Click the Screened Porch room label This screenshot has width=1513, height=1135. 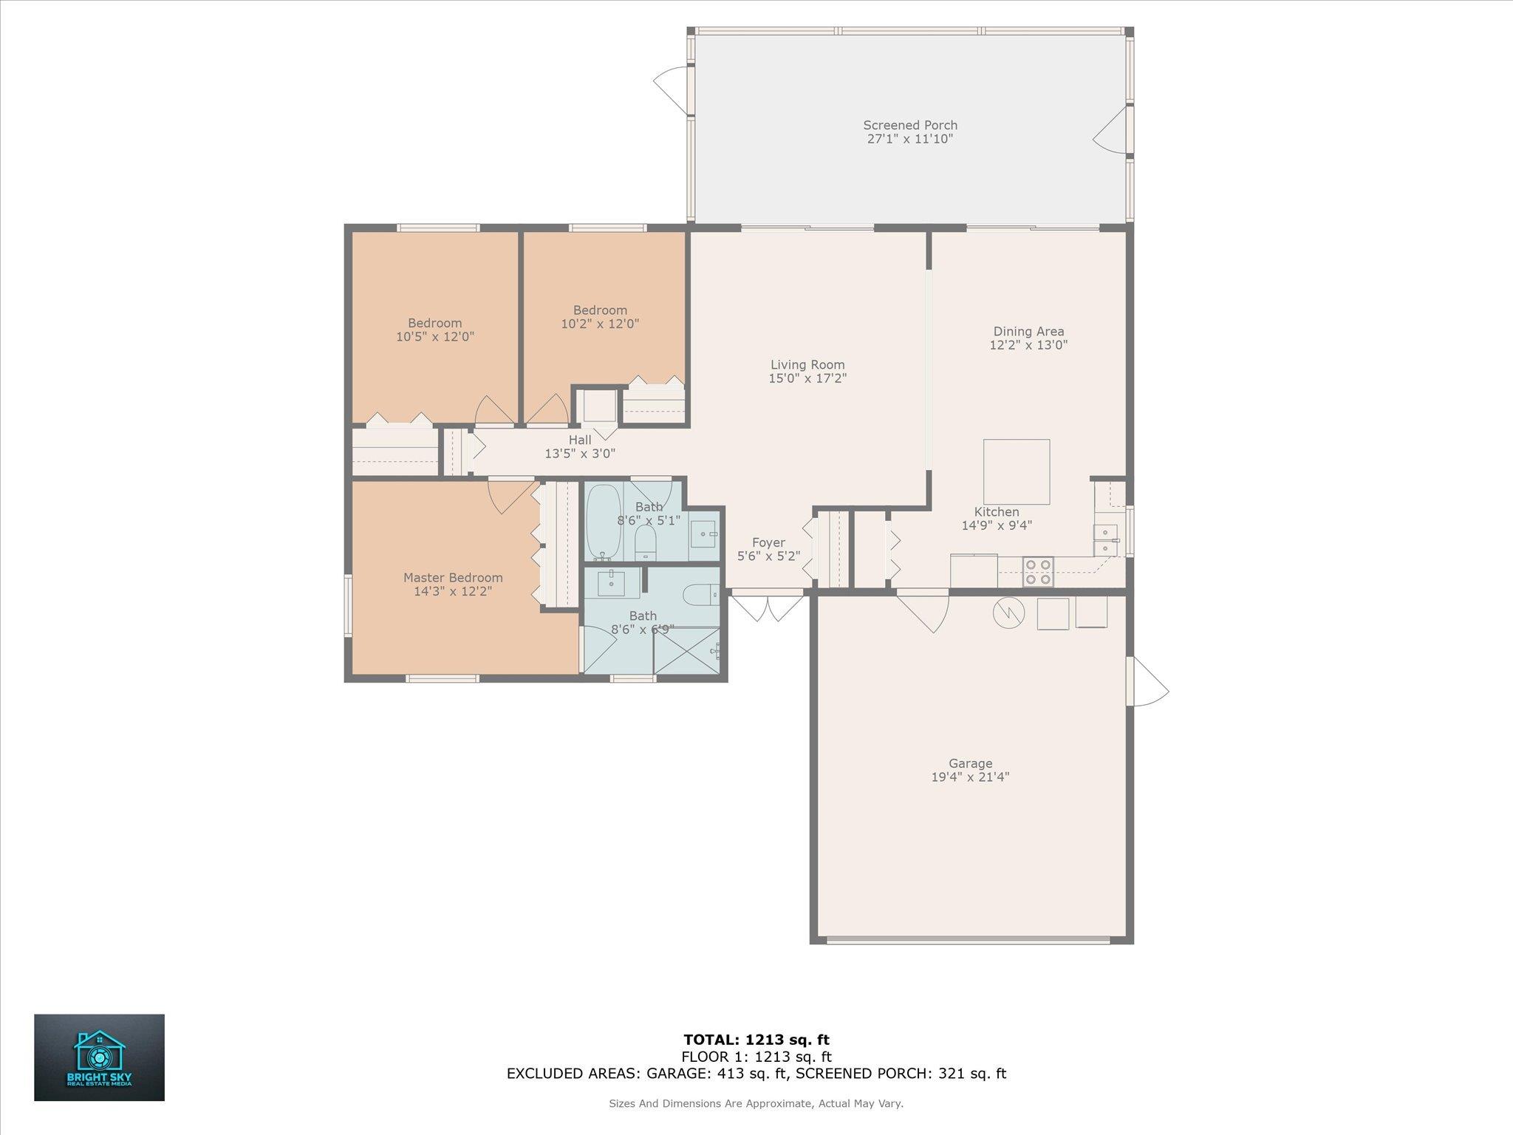coord(910,126)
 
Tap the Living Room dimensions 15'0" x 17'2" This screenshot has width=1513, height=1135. coord(807,378)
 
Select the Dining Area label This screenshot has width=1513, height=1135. coord(1028,331)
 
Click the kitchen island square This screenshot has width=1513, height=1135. coord(1017,471)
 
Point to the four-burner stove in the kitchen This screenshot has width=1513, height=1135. coord(1038,572)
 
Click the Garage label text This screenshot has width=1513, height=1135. coord(971,763)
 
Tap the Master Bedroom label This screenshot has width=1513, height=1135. coord(453,578)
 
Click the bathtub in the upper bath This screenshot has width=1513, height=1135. coord(604,522)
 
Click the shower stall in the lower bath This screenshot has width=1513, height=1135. coord(686,650)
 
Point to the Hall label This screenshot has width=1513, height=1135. coord(580,440)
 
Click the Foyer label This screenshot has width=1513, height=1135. coord(768,543)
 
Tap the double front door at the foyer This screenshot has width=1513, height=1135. coord(767,607)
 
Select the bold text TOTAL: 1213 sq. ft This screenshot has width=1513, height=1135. coord(756,1040)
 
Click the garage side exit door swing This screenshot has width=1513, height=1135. coord(1148,681)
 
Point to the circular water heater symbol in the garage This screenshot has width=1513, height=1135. coord(1008,613)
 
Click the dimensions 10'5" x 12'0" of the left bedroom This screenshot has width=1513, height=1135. coord(435,337)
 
